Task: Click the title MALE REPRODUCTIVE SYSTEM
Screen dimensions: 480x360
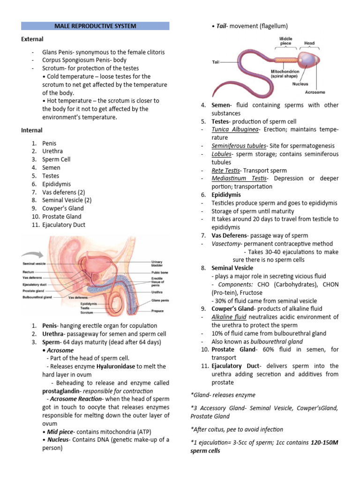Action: [96, 26]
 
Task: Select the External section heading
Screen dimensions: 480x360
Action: [32, 39]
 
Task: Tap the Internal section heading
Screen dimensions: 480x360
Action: [32, 130]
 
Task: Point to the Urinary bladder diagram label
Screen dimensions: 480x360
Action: [157, 263]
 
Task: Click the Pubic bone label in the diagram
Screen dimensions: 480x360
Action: [159, 272]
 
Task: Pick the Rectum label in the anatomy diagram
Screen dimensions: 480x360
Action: [28, 272]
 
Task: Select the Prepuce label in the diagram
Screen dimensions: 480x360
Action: [157, 311]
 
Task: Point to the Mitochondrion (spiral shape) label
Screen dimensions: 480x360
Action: [285, 73]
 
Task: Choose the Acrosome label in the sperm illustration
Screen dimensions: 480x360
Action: [315, 92]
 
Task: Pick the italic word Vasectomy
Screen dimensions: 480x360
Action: [226, 244]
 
